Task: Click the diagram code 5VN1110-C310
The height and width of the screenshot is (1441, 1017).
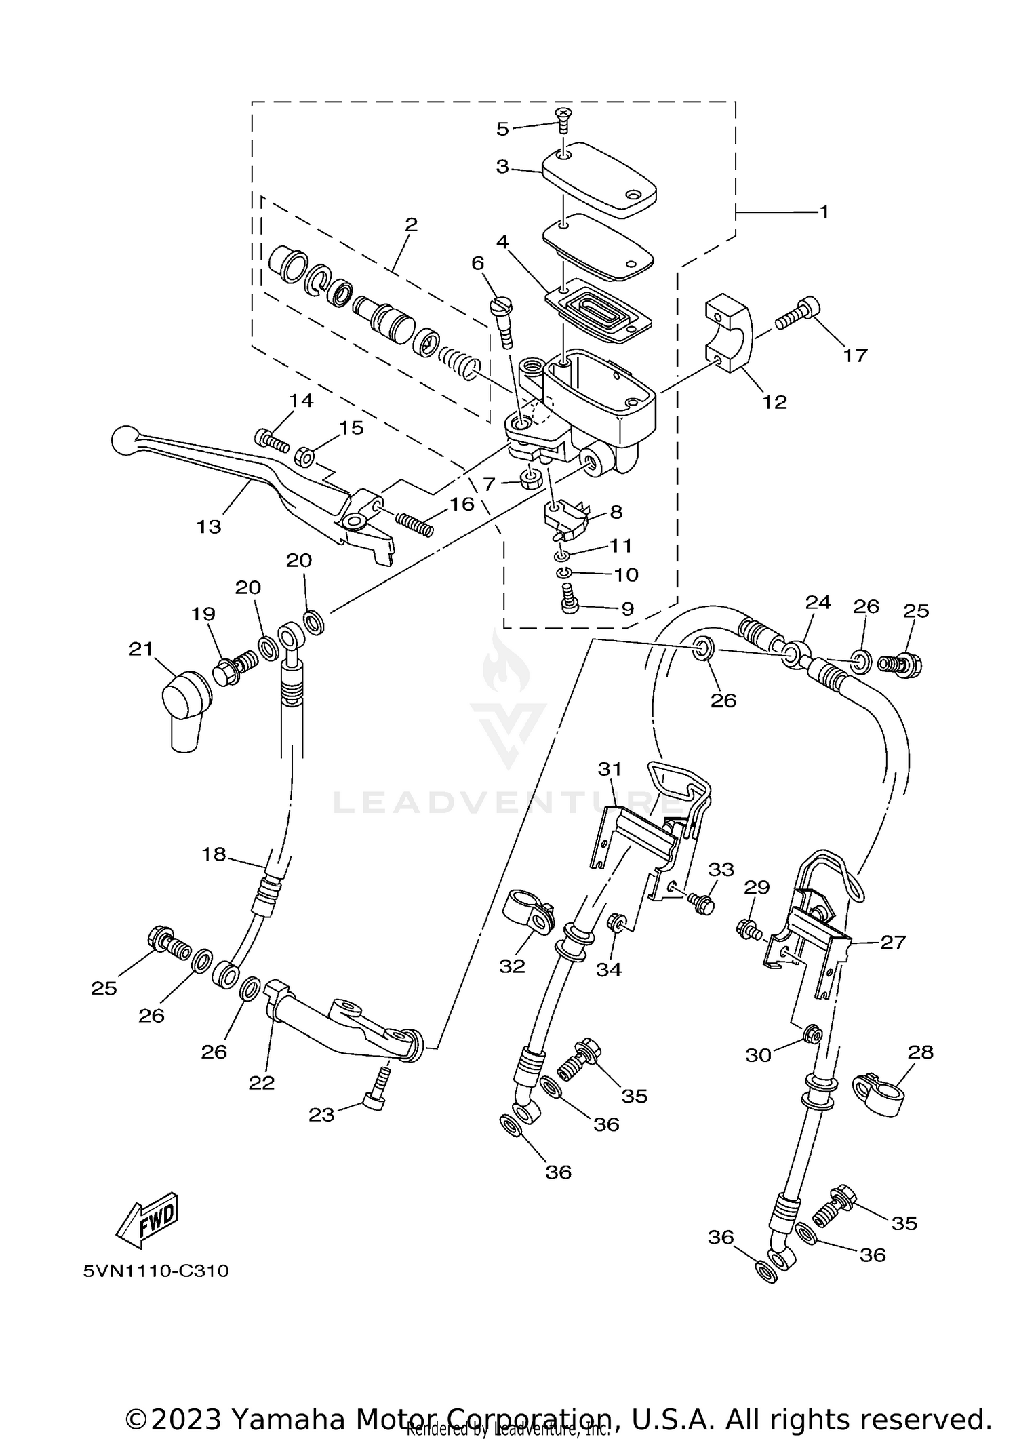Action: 156,1271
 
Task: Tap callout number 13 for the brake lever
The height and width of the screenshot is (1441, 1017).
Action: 209,526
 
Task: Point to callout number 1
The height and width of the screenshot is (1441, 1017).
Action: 824,212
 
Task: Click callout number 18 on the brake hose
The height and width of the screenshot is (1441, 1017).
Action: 214,854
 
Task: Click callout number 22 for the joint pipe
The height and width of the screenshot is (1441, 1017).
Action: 261,1082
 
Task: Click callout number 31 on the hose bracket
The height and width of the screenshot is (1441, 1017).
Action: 610,769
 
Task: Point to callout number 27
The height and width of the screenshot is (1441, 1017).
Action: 892,942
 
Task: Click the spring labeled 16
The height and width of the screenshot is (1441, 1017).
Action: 413,525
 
